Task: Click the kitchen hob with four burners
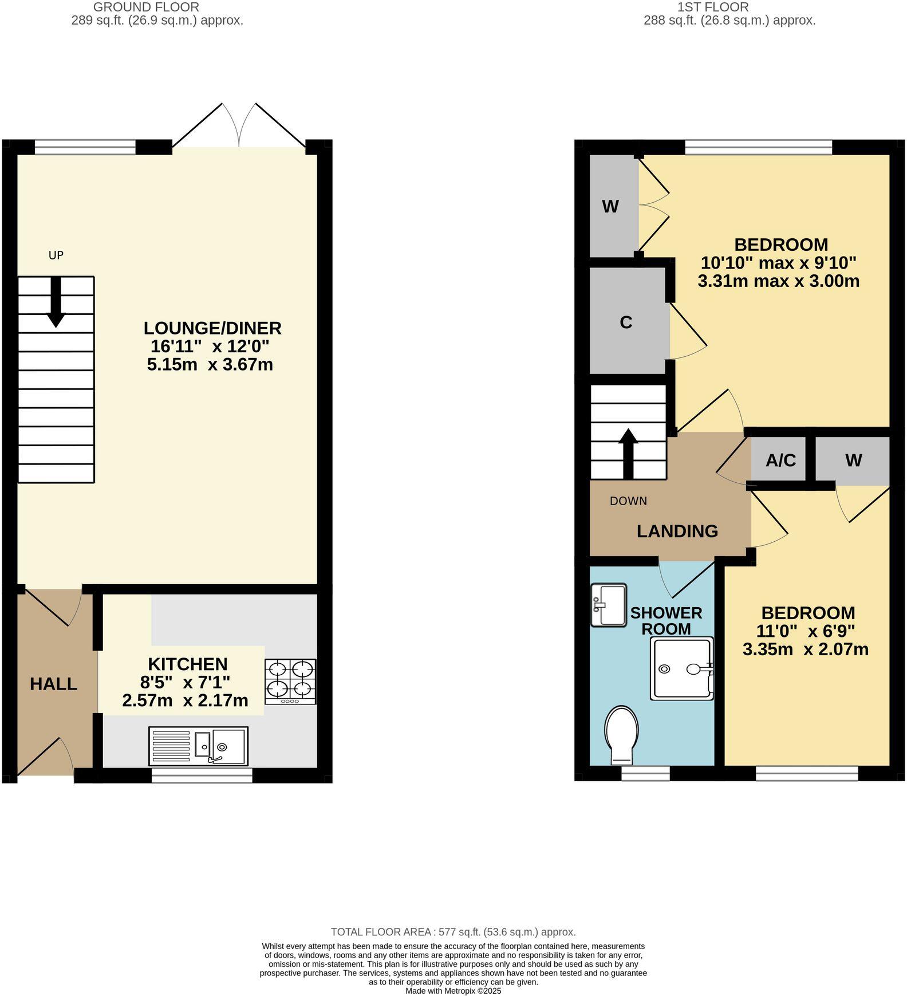click(290, 682)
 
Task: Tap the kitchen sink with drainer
click(198, 746)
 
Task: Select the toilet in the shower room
click(622, 735)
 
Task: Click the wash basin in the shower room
click(608, 605)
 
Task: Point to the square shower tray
click(681, 668)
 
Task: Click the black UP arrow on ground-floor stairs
click(56, 302)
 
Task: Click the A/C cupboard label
click(780, 460)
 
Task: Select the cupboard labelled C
click(626, 322)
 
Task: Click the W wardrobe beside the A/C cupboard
click(853, 460)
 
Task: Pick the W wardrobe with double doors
click(611, 206)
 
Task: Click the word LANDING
click(677, 531)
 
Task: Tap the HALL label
click(53, 684)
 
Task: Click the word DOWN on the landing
click(628, 501)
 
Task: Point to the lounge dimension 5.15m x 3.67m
click(210, 364)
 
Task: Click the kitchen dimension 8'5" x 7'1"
click(185, 682)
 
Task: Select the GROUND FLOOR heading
click(146, 7)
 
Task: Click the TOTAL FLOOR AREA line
click(453, 932)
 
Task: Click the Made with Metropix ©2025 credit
click(453, 991)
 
